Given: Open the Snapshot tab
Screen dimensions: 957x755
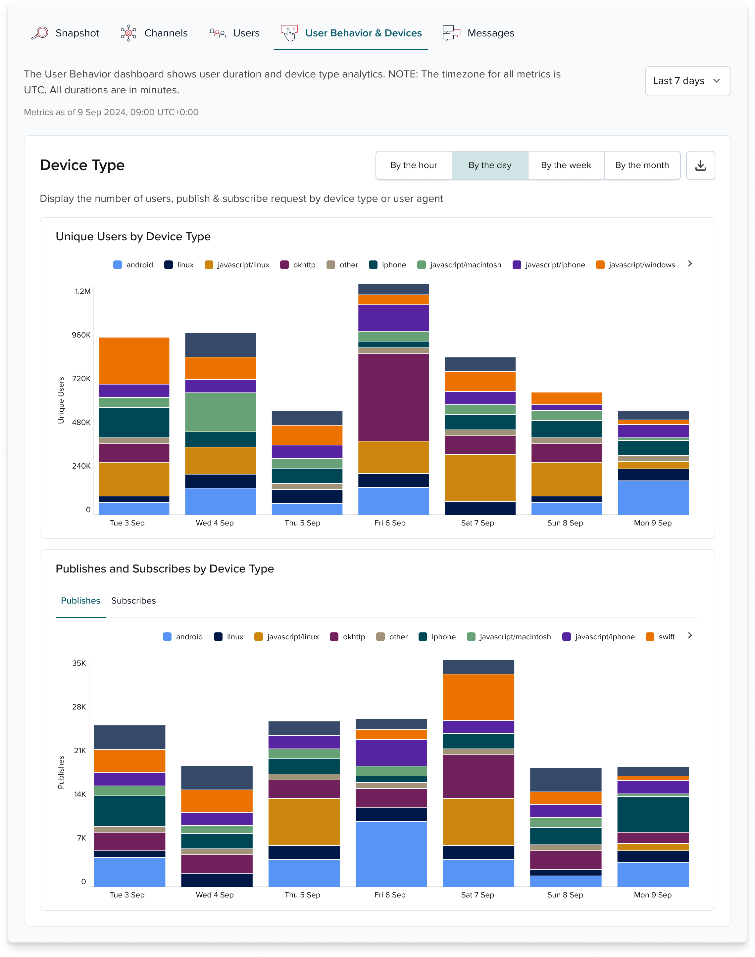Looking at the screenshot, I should pos(66,33).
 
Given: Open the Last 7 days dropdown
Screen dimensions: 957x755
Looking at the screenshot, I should pos(687,81).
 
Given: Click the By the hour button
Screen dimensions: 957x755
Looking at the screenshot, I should pos(413,165).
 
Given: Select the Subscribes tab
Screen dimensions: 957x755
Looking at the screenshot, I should pos(133,601).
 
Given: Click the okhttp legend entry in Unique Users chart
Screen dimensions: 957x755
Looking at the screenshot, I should pos(298,265).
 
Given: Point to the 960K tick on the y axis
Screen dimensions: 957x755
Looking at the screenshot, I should pos(81,335).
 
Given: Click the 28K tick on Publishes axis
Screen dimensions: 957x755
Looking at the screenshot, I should pos(79,706).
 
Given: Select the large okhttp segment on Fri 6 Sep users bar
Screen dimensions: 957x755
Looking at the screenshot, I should pos(393,397).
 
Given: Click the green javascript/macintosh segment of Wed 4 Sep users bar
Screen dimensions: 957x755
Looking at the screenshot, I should pos(220,412).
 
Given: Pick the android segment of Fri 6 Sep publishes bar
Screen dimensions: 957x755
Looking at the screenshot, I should pos(391,854).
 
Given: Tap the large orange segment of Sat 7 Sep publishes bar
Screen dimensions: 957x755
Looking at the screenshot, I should pos(478,697).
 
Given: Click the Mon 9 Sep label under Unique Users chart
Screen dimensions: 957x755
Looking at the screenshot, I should pos(652,523).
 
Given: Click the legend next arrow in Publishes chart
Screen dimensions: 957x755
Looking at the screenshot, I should pos(689,636).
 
